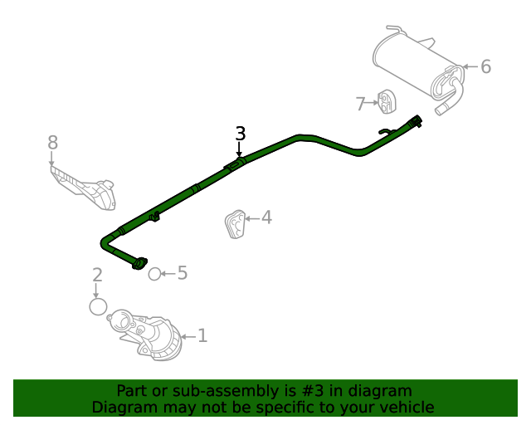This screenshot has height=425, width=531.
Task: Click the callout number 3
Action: coord(240,134)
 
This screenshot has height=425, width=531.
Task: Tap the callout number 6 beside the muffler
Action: coord(485,66)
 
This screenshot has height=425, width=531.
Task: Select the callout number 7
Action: coord(360,104)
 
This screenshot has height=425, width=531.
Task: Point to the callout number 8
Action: coord(52,142)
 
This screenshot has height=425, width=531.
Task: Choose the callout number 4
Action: coord(266,217)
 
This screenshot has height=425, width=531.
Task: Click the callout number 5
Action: coord(183,273)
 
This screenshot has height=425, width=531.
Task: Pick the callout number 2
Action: coord(97,275)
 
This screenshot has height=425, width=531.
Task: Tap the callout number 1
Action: coord(202,335)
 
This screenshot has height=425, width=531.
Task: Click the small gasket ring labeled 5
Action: coord(154,274)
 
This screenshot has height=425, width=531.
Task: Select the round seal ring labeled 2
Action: coord(98,306)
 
